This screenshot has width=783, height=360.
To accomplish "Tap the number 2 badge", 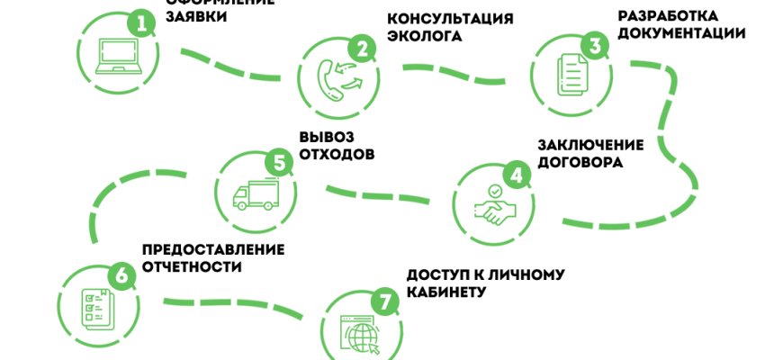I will click(x=362, y=49).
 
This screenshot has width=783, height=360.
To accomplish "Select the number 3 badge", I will click(x=593, y=45).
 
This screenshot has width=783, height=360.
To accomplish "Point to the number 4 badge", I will click(x=516, y=175).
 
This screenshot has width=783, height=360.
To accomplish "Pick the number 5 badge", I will click(x=279, y=163).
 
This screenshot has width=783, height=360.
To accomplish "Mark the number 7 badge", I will click(x=384, y=302).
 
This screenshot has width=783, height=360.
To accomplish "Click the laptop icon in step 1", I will click(x=116, y=56).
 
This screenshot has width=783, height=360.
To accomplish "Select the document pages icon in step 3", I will click(x=571, y=74).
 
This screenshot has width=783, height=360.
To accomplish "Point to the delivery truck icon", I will click(x=256, y=194).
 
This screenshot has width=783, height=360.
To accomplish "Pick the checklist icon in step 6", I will click(x=94, y=307).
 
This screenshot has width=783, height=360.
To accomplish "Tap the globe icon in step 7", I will click(x=363, y=337).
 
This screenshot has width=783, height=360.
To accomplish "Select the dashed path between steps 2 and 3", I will click(x=454, y=73).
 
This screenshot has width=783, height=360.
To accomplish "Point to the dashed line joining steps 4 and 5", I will click(x=377, y=195).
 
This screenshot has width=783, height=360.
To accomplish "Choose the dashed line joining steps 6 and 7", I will click(x=234, y=303).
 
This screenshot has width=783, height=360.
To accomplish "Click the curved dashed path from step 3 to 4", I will click(x=670, y=144).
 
